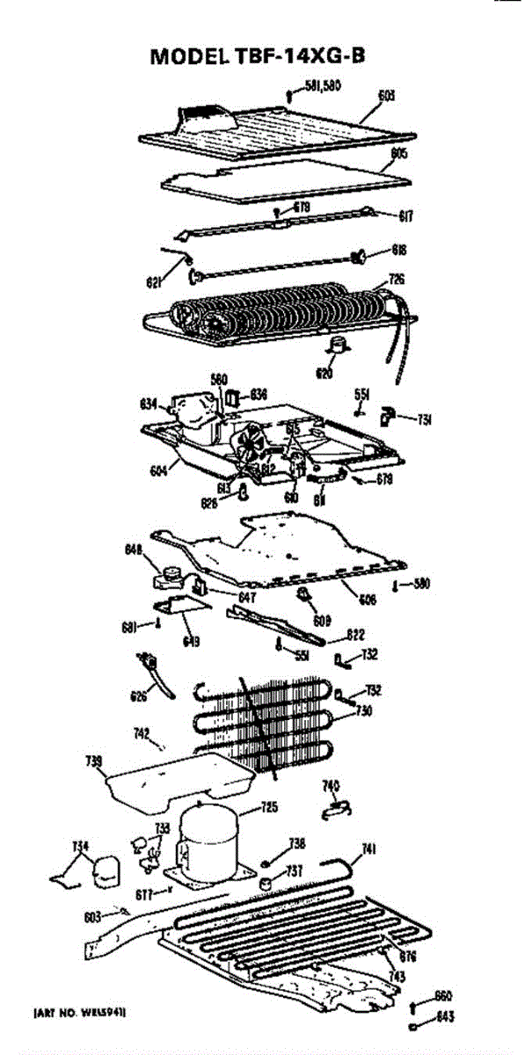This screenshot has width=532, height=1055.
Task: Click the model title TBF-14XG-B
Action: click(259, 56)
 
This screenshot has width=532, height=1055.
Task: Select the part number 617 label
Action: click(407, 216)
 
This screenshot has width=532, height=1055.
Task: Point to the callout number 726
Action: click(397, 280)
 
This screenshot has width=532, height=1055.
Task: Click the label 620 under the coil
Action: click(324, 374)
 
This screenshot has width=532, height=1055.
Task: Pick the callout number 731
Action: click(424, 421)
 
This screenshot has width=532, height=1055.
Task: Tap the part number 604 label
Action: click(158, 470)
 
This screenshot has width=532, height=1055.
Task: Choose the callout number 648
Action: click(133, 551)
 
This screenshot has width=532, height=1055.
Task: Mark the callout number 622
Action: click(355, 633)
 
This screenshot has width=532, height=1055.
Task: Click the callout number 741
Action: click(370, 848)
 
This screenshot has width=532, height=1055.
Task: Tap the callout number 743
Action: click(397, 977)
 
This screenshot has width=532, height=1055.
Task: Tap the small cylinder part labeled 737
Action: click(264, 880)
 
